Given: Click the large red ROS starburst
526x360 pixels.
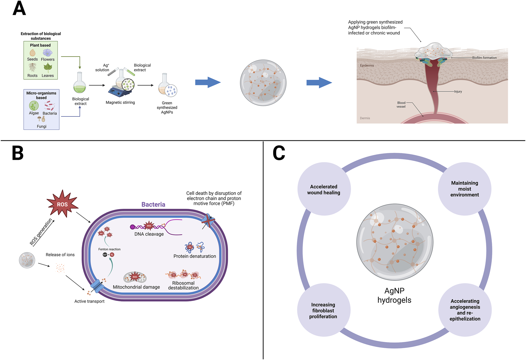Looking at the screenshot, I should coord(62,204).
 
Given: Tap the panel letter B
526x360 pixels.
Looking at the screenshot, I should coord(18,153).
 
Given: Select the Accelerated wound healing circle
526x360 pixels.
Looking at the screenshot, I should coord(324,189).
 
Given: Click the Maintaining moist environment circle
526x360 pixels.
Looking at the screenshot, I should coord(465,189).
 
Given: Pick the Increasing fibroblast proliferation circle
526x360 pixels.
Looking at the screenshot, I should coord(323,310).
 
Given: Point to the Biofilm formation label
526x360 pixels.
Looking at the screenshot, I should coord(484,58).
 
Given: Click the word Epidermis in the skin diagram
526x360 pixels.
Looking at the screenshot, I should coord(367,65).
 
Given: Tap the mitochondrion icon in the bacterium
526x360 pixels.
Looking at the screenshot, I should coord(135,277).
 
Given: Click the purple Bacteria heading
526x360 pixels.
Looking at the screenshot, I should coord(153,204).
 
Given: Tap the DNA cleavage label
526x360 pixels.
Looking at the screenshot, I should coord(149,234).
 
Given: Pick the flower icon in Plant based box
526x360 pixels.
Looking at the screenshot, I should coord(47,53).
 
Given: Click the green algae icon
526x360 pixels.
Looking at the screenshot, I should coord(34,105).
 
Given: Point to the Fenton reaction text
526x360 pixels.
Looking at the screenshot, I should coord(109,249).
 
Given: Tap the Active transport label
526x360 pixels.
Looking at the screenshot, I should coord(89,301).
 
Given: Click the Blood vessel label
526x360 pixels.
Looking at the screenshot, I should coord(401,105).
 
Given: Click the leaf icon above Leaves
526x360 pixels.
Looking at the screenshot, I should coord(47,68).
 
